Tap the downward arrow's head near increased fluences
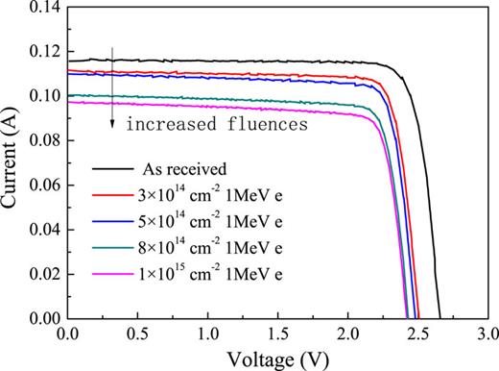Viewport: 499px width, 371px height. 113,125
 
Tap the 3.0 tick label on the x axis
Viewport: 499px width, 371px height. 487,334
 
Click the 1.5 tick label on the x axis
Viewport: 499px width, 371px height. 277,334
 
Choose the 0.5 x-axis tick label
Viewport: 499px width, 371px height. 137,334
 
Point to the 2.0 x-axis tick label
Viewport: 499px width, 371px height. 347,334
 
